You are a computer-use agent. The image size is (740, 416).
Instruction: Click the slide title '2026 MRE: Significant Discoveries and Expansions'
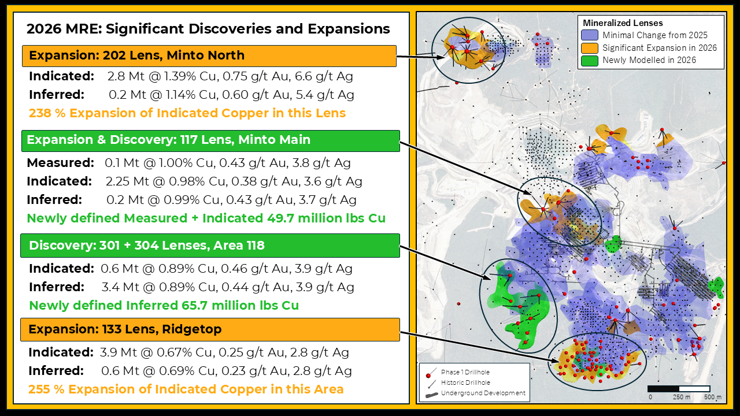[x=208, y=29]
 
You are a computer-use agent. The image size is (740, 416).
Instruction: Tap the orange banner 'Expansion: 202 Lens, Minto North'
[x=209, y=56]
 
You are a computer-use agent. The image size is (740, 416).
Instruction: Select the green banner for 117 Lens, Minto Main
[x=210, y=140]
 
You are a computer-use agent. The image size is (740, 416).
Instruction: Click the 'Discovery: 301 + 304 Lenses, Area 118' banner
[x=210, y=246]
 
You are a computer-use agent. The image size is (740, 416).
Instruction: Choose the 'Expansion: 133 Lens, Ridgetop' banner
[x=210, y=329]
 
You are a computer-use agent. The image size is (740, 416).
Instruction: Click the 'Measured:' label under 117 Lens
[x=61, y=163]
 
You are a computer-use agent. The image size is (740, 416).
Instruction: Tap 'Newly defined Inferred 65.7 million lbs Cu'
[x=164, y=306]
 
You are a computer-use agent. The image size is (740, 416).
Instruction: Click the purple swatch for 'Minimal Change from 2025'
[x=590, y=35]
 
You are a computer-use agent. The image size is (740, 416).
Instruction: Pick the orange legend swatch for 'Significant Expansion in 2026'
[x=590, y=48]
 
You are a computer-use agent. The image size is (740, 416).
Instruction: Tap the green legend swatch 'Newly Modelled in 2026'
[x=590, y=61]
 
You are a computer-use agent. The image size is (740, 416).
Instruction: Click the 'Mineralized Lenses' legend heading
[x=623, y=23]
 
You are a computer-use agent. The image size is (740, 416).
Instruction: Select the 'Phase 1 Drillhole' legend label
[x=465, y=372]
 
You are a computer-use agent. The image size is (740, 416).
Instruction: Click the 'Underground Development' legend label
[x=483, y=393]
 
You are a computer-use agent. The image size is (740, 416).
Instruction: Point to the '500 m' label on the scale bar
[x=713, y=397]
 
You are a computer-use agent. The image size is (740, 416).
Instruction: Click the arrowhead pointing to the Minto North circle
[x=441, y=57]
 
